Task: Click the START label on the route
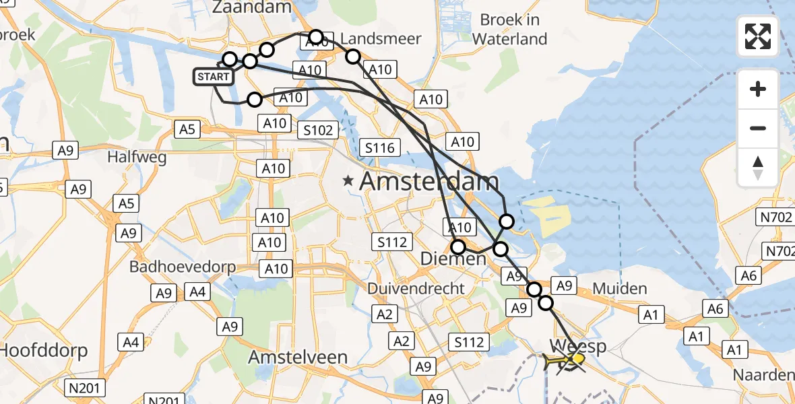214,77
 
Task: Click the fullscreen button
758,36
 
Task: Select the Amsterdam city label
429,181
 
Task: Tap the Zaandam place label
251,7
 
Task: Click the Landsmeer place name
381,38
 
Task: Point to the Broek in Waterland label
509,29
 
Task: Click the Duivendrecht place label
416,289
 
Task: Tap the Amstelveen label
298,357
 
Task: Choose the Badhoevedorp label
183,267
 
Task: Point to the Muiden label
620,289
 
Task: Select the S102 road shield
317,130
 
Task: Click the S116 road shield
381,147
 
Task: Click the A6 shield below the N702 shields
751,275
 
